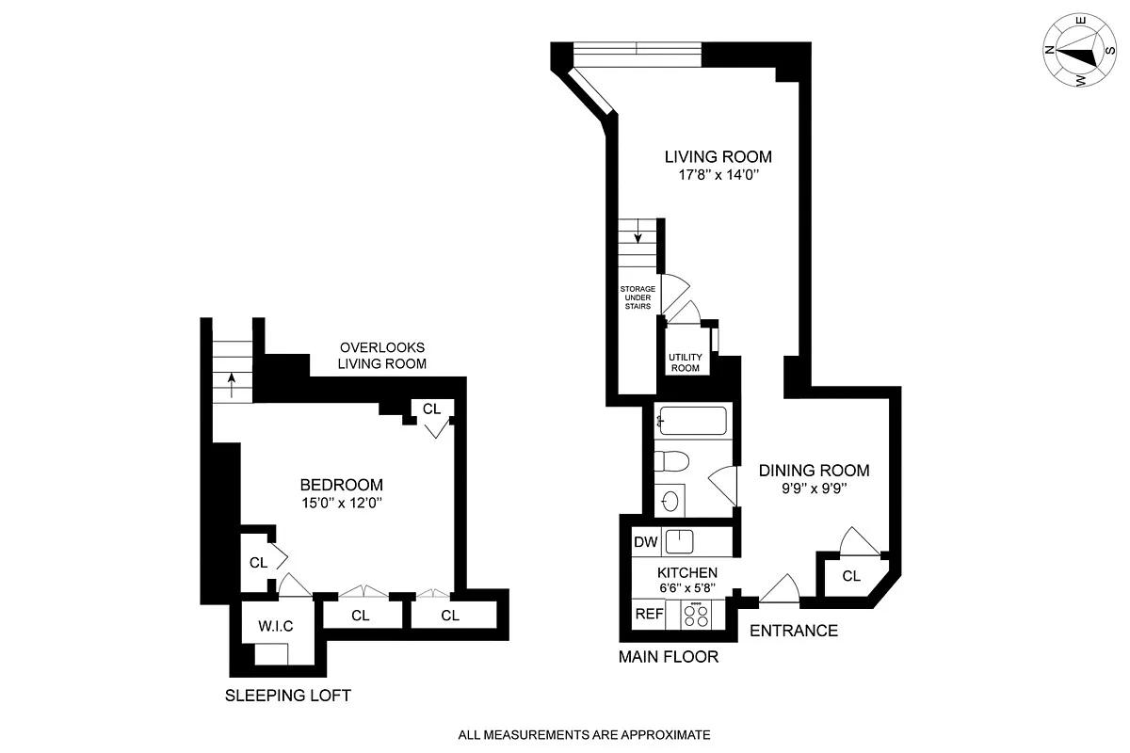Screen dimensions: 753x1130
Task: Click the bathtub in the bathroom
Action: pyautogui.click(x=692, y=421)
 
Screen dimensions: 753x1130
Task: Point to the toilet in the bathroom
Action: pyautogui.click(x=672, y=461)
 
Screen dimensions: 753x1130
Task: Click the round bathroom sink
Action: pyautogui.click(x=670, y=500)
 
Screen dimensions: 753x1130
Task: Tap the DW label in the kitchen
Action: pyautogui.click(x=645, y=542)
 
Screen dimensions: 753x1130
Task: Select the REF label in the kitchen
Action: pyautogui.click(x=649, y=614)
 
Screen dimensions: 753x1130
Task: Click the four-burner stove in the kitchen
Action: pyautogui.click(x=697, y=615)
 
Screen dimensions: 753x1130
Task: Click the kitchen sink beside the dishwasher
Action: pyautogui.click(x=680, y=541)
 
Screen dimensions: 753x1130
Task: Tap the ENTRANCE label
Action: pyautogui.click(x=793, y=631)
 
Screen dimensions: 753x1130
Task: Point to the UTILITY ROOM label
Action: pyautogui.click(x=685, y=362)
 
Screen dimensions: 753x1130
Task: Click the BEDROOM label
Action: pyautogui.click(x=341, y=486)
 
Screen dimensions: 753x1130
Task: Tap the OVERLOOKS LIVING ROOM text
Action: pyautogui.click(x=382, y=355)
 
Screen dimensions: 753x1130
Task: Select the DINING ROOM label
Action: pyautogui.click(x=814, y=471)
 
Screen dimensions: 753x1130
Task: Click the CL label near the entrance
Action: pyautogui.click(x=850, y=576)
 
